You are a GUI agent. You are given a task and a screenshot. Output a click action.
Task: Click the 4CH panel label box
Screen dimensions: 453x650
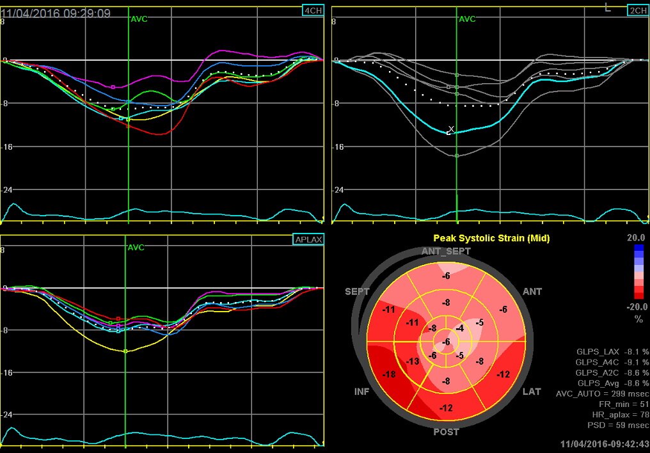tap(313, 10)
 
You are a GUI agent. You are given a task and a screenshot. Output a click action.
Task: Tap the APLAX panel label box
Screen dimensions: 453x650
tap(308, 239)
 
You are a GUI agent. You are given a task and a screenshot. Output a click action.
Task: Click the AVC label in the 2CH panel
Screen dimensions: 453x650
tap(468, 19)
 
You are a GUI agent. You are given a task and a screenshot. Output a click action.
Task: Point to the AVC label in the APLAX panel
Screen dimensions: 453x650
tap(136, 248)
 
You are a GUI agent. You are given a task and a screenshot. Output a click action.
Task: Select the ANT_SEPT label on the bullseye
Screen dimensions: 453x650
tap(446, 251)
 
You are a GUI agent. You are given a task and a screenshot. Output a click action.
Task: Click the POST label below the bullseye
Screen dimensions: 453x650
tap(446, 432)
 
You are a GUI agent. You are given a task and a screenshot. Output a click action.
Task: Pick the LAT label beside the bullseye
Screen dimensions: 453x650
tap(532, 391)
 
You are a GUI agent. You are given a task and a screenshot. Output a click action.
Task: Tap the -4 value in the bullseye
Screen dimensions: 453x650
tap(459, 328)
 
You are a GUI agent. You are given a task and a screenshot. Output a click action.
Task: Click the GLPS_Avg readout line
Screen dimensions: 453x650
tap(612, 382)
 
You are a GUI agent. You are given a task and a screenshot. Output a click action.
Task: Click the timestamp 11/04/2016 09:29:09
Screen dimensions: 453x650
tap(56, 13)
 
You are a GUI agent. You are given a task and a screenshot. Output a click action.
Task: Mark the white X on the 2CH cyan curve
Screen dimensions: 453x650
tap(451, 129)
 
